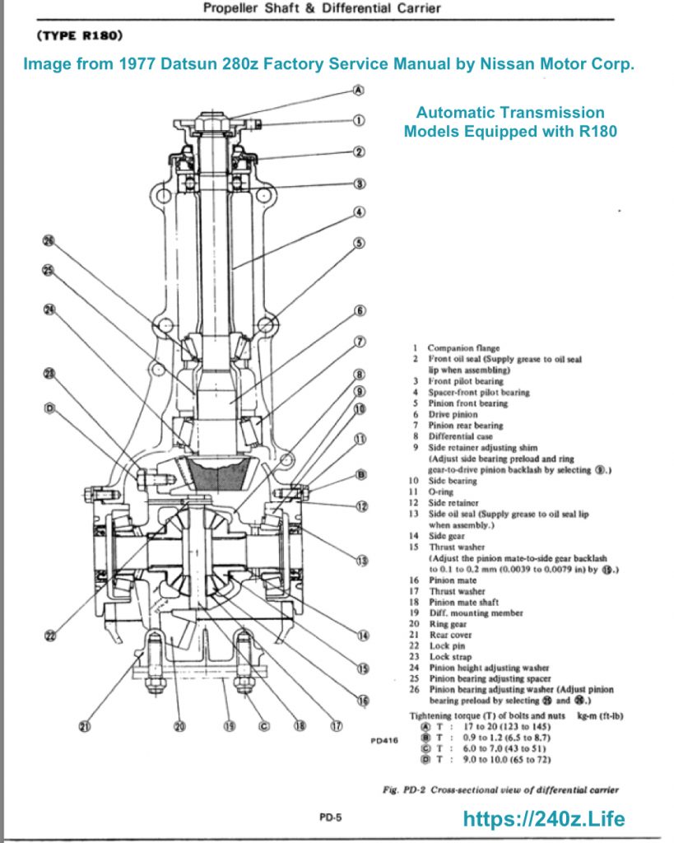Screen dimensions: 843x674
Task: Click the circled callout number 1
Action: click(359, 120)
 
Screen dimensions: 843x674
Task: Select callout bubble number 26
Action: click(48, 240)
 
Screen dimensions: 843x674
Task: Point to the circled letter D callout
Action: click(48, 408)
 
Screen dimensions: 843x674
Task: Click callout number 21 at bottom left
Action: click(85, 726)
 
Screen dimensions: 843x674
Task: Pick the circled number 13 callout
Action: click(360, 561)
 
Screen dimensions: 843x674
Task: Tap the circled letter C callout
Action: click(264, 726)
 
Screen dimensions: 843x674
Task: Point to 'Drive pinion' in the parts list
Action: click(452, 415)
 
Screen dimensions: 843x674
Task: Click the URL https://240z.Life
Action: click(544, 819)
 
